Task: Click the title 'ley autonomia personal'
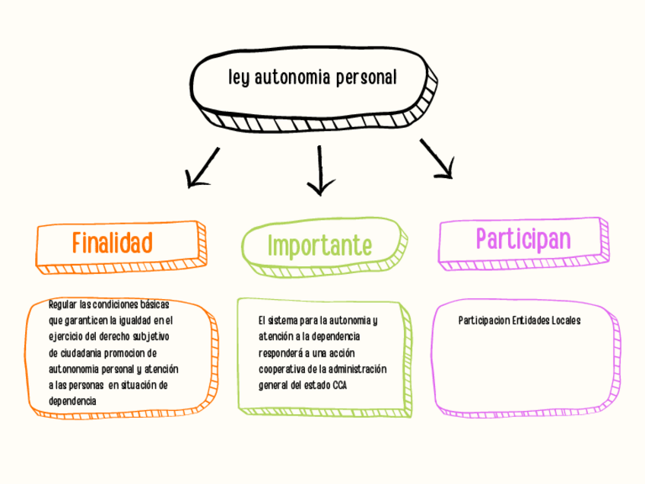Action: tap(312, 78)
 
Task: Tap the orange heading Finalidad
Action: tap(113, 242)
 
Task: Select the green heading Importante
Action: tap(319, 246)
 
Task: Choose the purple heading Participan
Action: tap(523, 239)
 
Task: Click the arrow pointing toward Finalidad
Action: tap(202, 167)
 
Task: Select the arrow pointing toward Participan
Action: tap(438, 159)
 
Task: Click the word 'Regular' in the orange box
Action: tap(62, 304)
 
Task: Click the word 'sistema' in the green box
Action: tap(285, 320)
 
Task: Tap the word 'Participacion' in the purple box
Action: tap(484, 320)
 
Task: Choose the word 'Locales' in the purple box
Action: tap(564, 320)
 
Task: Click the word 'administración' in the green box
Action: tap(359, 369)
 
